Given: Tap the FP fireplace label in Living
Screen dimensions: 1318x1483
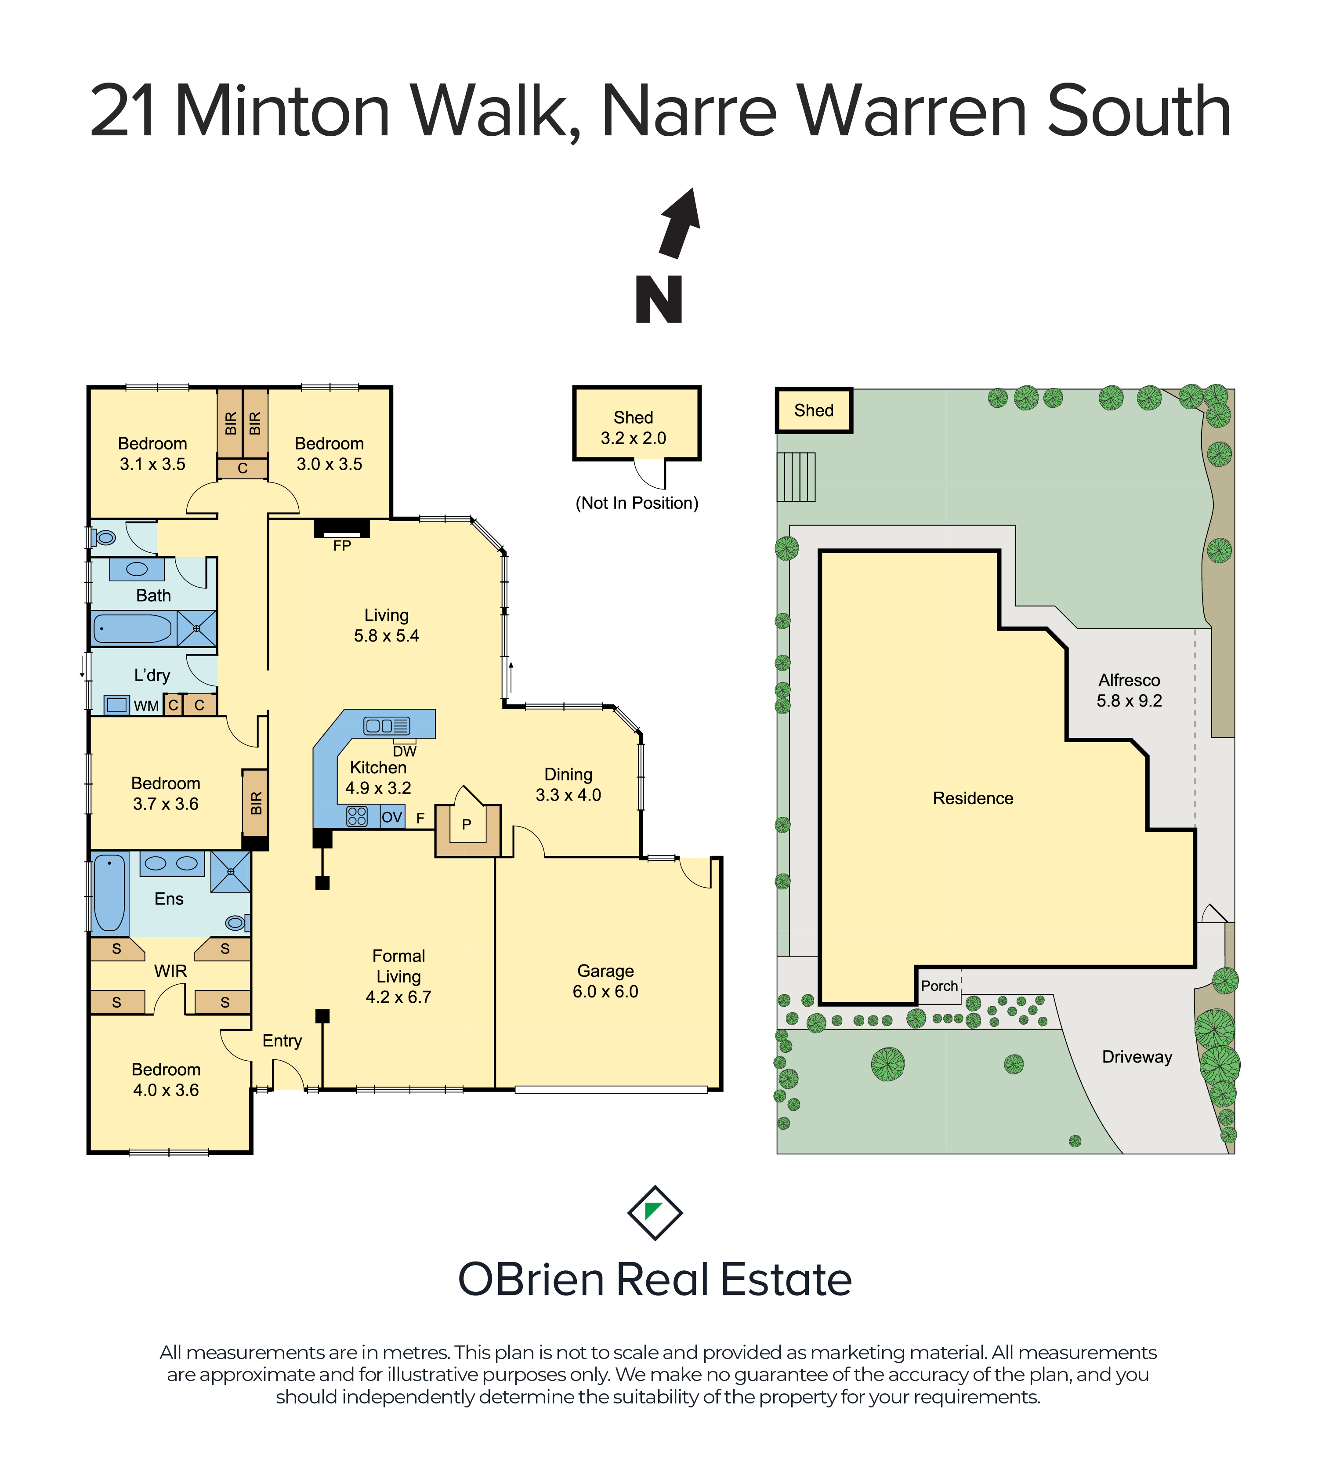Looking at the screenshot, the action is click(342, 546).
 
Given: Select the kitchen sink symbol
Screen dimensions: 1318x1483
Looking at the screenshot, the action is click(387, 725).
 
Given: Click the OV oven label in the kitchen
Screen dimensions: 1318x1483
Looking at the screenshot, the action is click(392, 817).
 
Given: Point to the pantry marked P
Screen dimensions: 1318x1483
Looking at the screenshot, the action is click(467, 824).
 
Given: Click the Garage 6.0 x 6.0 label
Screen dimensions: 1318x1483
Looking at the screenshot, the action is click(606, 981).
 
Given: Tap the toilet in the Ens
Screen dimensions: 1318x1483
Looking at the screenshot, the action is click(237, 923).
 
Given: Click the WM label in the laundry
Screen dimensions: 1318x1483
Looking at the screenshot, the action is click(147, 706).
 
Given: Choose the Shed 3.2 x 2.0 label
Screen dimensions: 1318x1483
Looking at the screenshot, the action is click(633, 428).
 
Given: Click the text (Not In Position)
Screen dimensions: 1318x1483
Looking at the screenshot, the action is click(637, 503).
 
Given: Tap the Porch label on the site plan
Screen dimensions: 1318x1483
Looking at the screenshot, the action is click(939, 986).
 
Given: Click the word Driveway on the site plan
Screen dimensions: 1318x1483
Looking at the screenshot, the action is click(1137, 1057).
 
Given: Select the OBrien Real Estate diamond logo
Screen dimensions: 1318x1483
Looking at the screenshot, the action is click(655, 1213).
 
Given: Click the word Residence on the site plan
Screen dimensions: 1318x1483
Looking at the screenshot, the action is click(973, 798).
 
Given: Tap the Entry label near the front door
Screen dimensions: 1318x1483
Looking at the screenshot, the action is click(282, 1041).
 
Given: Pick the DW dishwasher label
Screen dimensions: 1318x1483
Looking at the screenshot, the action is click(405, 752).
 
